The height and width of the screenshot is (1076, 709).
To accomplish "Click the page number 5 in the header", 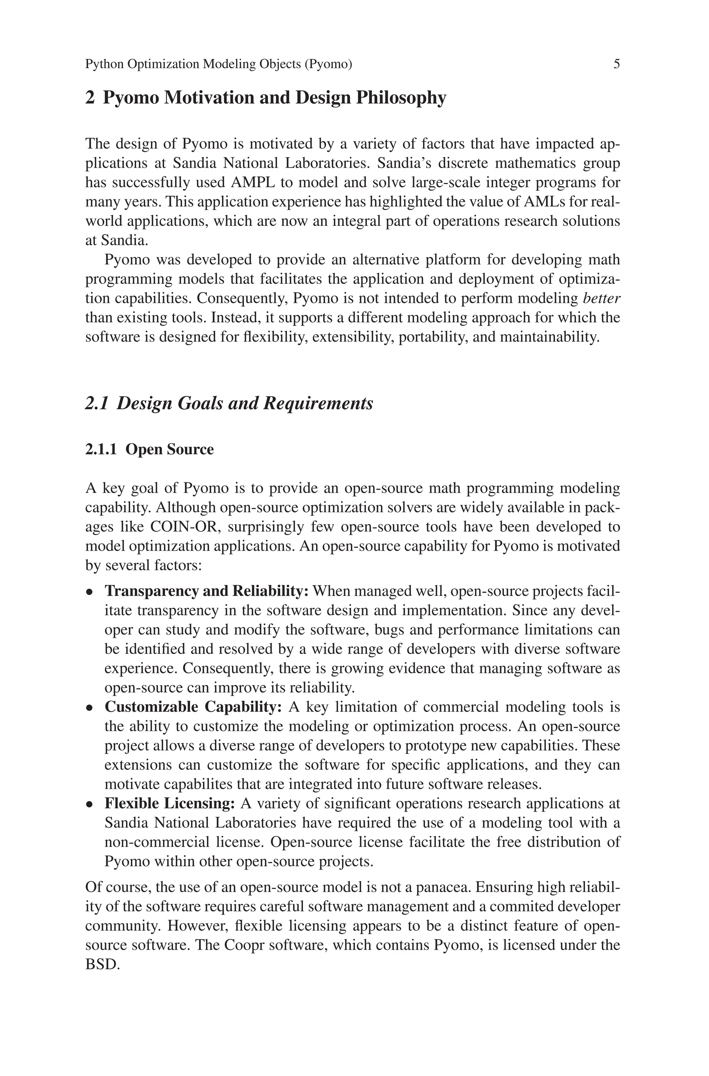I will [616, 64].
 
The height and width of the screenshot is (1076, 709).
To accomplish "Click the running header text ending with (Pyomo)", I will [218, 64].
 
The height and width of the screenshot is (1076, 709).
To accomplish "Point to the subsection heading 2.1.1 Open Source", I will [149, 449].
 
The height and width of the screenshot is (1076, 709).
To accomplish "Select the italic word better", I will [601, 298].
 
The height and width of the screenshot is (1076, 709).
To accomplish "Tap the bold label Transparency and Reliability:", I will [207, 591].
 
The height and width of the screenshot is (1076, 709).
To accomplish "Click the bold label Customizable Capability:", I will [194, 707].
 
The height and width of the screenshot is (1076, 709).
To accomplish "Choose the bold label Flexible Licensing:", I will [170, 803].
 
